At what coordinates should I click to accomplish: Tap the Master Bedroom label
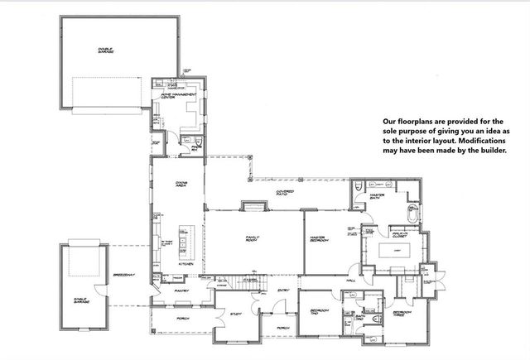(321, 239)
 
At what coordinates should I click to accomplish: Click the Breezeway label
(123, 272)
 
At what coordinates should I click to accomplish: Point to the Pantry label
(181, 291)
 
